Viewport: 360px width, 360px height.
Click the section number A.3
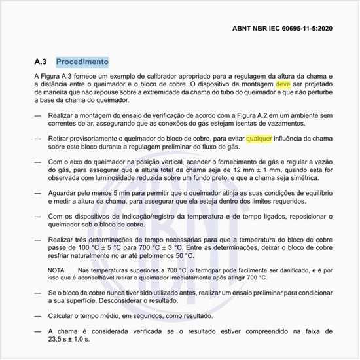(41, 62)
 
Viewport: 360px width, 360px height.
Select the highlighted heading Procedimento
(82, 62)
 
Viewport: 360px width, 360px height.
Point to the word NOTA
(56, 270)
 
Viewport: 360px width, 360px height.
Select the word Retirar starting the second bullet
(62, 139)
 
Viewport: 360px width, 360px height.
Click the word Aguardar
(65, 194)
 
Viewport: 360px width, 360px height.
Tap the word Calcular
(63, 316)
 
